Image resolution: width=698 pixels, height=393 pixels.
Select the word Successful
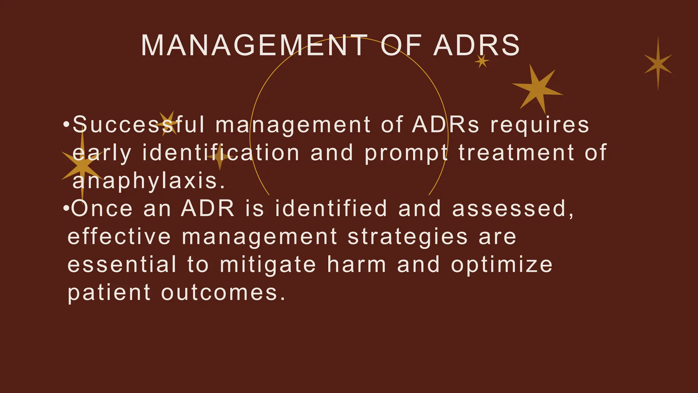[138, 125]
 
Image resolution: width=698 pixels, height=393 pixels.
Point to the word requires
[540, 125]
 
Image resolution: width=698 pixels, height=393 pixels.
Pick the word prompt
[406, 153]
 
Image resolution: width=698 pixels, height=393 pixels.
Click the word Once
[102, 208]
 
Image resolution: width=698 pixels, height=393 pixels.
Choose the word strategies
[408, 237]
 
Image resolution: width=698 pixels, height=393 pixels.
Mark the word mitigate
[268, 265]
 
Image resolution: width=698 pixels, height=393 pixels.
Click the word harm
[357, 265]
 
